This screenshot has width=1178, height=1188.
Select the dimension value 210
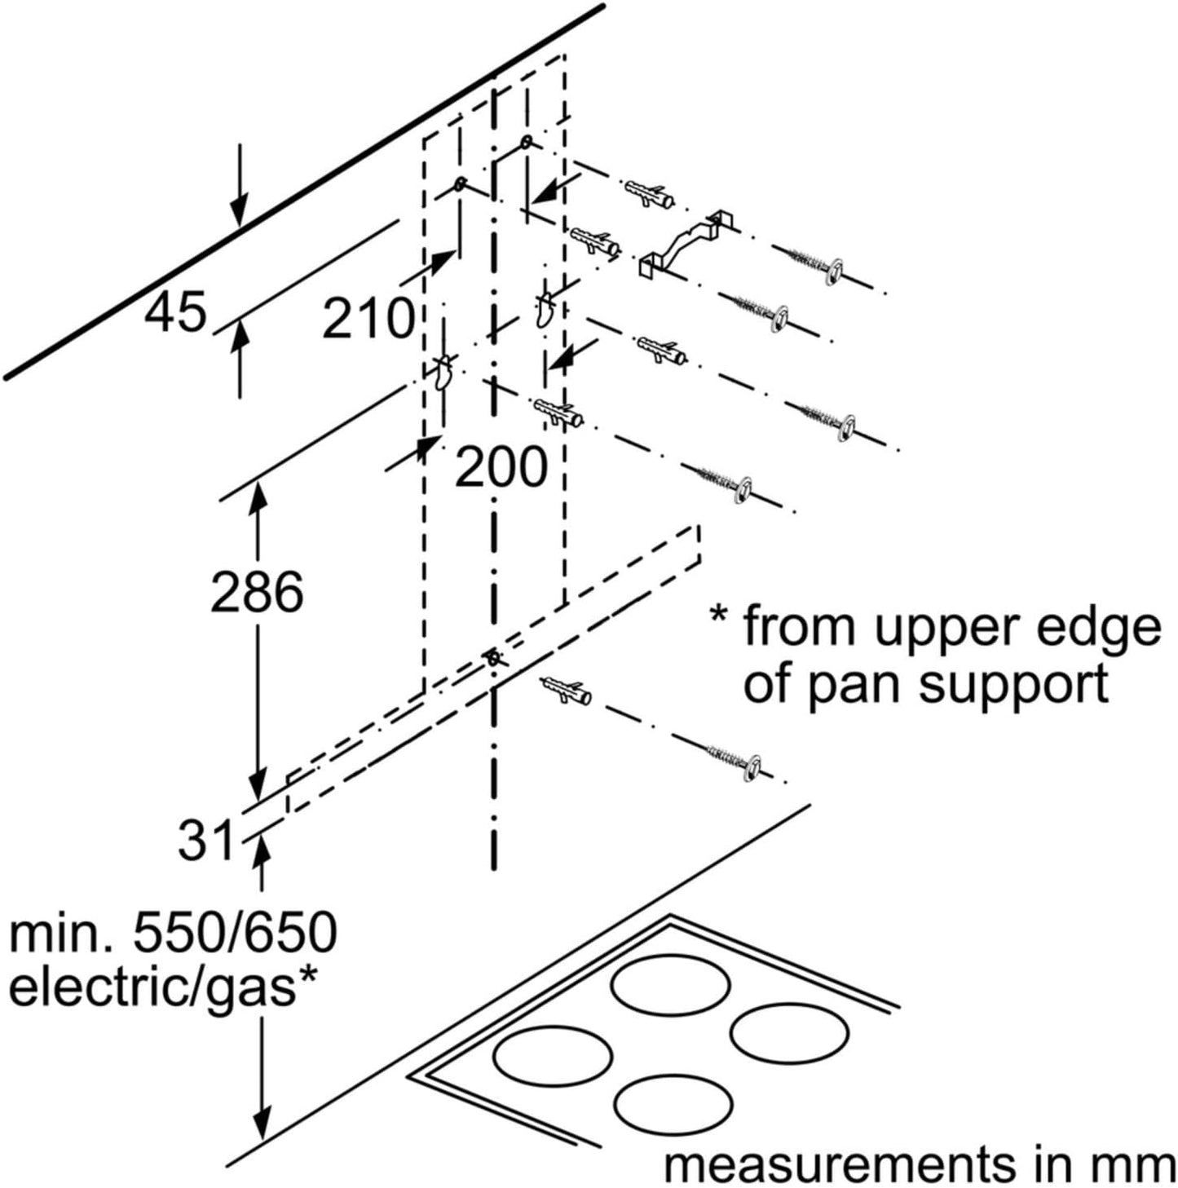click(x=368, y=318)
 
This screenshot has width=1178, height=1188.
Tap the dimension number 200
click(x=500, y=466)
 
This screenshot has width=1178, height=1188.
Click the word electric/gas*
click(x=163, y=987)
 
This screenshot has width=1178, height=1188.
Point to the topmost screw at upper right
click(x=814, y=260)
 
